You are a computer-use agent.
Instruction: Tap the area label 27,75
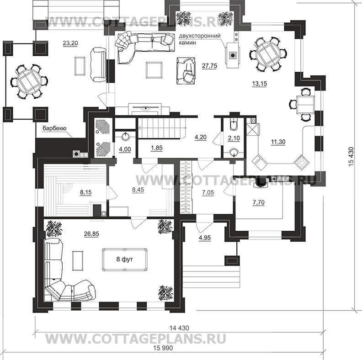point(209,66)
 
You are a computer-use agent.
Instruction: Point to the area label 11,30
point(278,142)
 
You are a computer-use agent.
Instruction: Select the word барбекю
point(56,129)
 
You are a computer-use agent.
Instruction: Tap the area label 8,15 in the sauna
point(72,193)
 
